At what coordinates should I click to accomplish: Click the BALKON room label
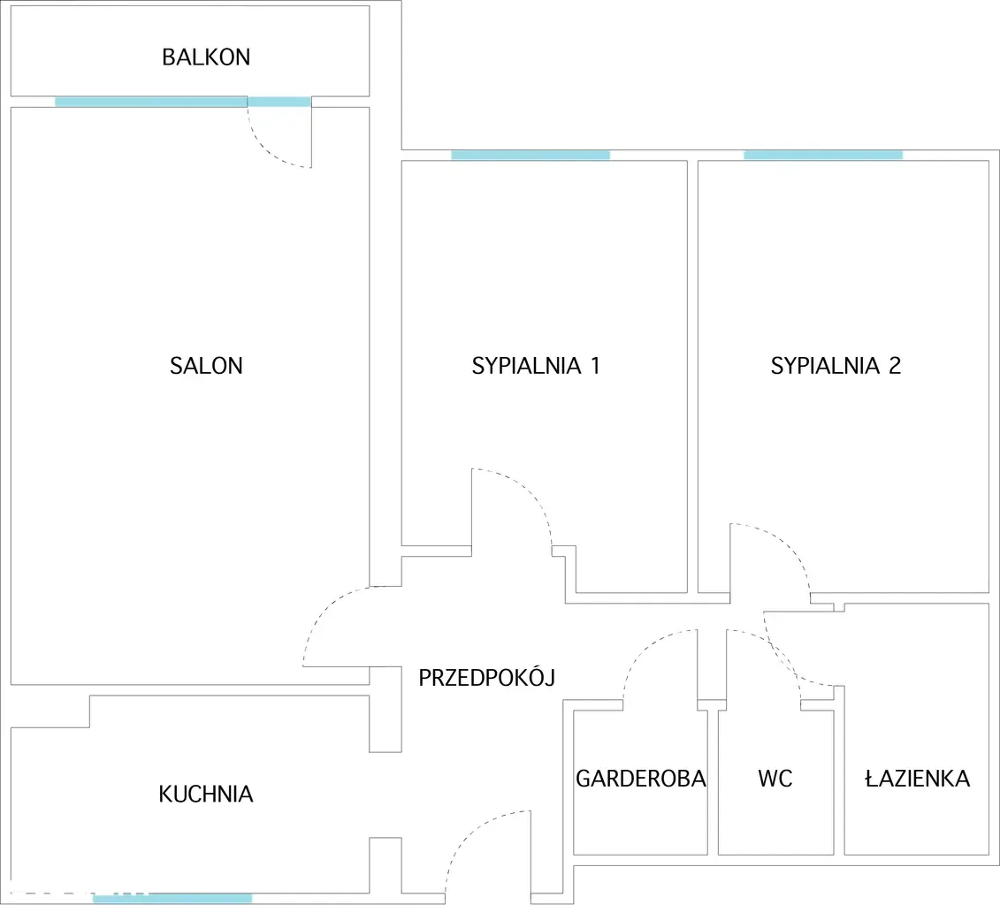[206, 57]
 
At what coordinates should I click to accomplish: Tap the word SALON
[206, 366]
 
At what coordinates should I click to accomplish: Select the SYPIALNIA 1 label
[536, 366]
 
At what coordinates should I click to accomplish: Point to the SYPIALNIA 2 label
[836, 366]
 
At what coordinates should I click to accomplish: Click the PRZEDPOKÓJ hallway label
[486, 677]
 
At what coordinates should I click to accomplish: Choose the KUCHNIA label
[206, 795]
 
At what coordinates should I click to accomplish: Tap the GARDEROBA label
[641, 779]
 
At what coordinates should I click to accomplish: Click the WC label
[775, 779]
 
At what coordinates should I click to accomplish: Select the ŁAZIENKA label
[917, 778]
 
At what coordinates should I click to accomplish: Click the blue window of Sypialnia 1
[531, 155]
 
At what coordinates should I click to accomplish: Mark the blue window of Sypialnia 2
[823, 155]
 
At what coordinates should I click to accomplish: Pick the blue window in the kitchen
[172, 899]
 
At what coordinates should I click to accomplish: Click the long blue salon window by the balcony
[151, 102]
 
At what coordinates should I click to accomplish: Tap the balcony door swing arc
[267, 150]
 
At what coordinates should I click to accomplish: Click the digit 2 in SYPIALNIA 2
[895, 366]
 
